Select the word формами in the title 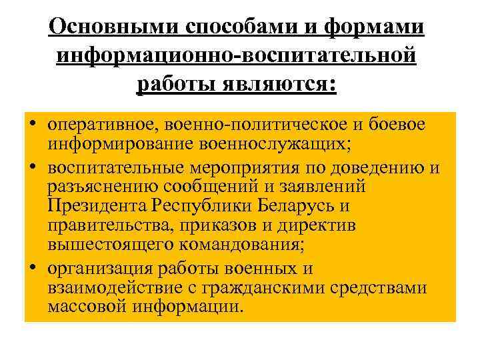coord(385,27)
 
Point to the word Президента coord(97,206)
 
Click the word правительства coord(106,225)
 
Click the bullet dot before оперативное coord(33,125)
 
